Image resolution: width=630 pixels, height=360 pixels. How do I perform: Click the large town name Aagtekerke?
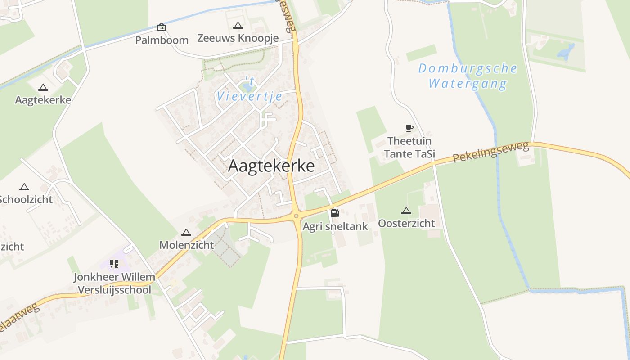point(271,166)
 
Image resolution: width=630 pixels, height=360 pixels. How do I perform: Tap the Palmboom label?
point(162,40)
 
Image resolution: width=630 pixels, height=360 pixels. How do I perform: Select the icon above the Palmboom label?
point(162,27)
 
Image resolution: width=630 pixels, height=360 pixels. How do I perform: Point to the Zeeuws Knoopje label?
point(238,38)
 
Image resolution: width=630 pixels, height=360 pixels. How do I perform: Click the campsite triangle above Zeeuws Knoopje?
point(238,26)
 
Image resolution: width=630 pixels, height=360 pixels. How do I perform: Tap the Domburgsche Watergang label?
point(468,76)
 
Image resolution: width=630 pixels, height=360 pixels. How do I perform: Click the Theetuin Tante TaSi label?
point(409,147)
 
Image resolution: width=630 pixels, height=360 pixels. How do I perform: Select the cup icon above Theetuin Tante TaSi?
point(409,128)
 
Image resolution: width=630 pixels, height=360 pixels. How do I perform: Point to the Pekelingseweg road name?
point(490,152)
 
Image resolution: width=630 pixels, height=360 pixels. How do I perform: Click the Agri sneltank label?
point(335,226)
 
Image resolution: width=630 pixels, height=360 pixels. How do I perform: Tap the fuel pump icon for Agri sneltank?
point(335,213)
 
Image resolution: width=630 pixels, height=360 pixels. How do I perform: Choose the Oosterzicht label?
point(406,223)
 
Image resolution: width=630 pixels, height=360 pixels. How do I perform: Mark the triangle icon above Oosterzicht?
point(406,211)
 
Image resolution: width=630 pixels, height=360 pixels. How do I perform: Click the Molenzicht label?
point(186,245)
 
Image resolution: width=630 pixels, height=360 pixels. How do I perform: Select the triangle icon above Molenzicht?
point(186,233)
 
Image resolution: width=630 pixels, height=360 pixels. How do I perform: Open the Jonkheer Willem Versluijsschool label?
point(115,283)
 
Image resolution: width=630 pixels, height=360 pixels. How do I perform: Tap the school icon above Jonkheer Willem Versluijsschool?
point(114,264)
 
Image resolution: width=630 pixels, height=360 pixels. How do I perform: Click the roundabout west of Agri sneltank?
point(296,216)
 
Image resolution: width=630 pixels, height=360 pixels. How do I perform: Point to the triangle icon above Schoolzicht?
point(24,187)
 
